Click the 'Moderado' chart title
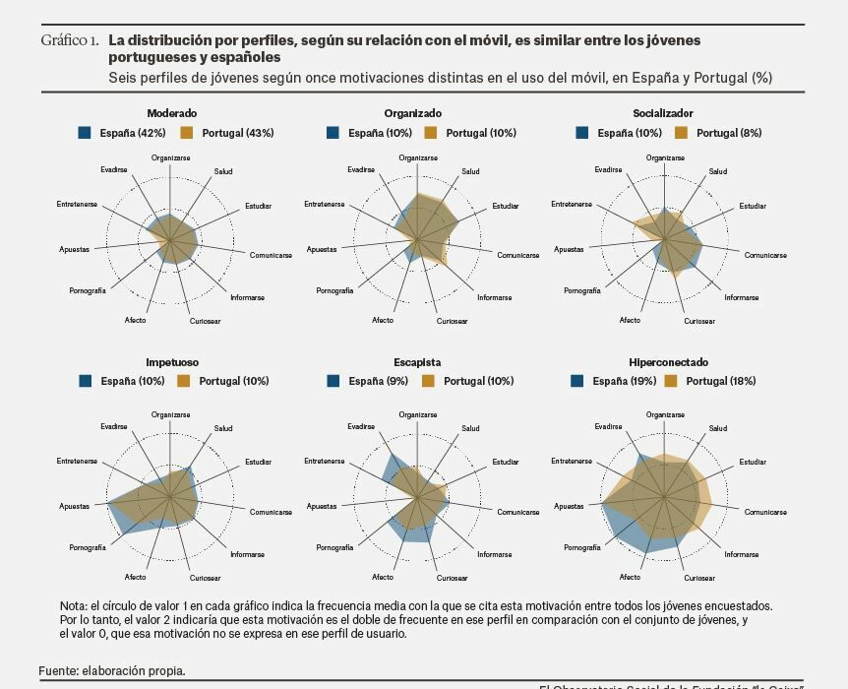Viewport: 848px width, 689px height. click(171, 113)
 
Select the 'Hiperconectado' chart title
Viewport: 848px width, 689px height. click(668, 362)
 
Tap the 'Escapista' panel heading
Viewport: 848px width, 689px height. click(417, 362)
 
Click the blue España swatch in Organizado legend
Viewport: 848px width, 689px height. click(333, 133)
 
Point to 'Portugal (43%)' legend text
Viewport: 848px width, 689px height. click(237, 133)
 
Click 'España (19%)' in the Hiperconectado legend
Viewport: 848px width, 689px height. click(624, 381)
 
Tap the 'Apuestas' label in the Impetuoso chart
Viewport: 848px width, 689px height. click(74, 506)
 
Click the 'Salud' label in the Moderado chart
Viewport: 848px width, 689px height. click(223, 172)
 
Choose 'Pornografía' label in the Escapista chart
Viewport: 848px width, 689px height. click(334, 547)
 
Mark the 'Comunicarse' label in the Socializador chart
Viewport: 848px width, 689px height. click(765, 256)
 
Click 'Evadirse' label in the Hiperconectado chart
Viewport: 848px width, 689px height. click(608, 426)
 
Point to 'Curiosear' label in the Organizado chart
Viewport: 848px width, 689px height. click(453, 321)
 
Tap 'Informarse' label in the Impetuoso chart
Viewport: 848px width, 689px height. click(247, 554)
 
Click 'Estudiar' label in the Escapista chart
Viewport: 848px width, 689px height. click(506, 462)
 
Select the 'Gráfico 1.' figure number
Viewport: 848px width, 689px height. click(69, 41)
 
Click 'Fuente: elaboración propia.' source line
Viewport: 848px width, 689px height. click(112, 671)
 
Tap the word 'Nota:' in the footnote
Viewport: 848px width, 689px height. click(74, 606)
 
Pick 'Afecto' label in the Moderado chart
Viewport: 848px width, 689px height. click(136, 320)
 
